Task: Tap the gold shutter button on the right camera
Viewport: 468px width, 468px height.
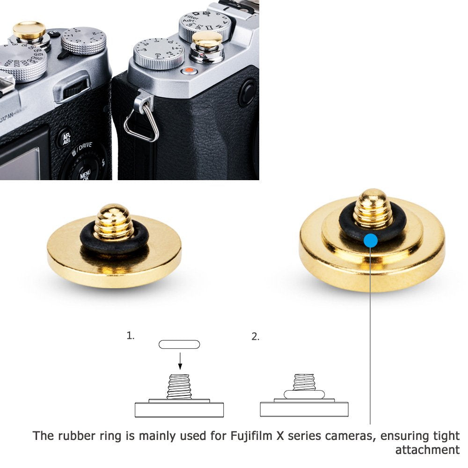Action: pos(208,40)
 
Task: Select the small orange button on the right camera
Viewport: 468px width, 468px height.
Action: pos(189,71)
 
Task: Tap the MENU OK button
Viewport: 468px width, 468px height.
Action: pos(85,175)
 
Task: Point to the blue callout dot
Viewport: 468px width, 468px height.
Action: pos(370,241)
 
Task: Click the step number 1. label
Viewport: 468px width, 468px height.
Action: pos(130,336)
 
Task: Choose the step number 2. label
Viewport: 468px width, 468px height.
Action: pos(255,336)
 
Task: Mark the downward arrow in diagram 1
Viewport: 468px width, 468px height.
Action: pos(180,360)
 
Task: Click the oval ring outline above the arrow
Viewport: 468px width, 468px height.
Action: pos(179,344)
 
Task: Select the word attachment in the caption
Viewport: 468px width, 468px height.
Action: pos(427,450)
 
